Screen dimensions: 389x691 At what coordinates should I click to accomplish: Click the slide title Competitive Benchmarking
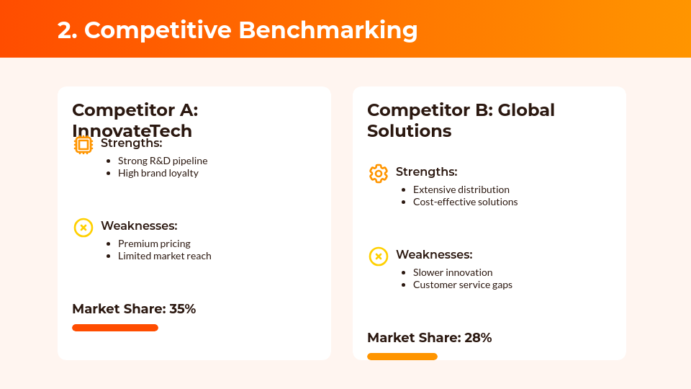pos(238,30)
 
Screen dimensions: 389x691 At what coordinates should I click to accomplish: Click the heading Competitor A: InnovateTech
pos(135,120)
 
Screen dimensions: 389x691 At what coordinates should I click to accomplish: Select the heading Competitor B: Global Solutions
pos(461,120)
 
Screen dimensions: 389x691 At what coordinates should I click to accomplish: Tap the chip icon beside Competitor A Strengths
pos(83,145)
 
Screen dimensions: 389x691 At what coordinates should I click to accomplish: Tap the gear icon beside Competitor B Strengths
pos(379,174)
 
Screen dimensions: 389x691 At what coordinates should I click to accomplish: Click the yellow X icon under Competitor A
pos(83,228)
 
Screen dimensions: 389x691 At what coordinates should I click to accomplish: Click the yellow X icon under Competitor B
pos(379,256)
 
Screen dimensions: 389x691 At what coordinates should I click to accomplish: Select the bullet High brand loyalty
pos(158,173)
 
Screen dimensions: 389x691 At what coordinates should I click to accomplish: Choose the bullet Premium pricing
pos(154,243)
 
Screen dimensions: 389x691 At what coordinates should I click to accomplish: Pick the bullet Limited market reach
pos(164,256)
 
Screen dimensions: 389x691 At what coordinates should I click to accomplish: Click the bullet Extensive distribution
pos(461,189)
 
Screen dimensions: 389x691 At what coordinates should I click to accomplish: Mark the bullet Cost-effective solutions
pos(465,202)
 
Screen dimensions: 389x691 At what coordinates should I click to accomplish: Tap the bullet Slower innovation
pos(453,272)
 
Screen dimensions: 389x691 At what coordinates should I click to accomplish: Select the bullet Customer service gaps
pos(462,285)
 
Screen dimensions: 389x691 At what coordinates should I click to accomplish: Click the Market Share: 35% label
pos(134,309)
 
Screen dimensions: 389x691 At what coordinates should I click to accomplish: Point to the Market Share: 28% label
pos(429,338)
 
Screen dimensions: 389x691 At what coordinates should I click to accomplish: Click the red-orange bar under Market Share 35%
pos(115,328)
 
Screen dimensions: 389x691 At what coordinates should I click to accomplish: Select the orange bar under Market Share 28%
pos(402,357)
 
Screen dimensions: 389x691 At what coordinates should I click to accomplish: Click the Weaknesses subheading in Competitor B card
pos(434,254)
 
